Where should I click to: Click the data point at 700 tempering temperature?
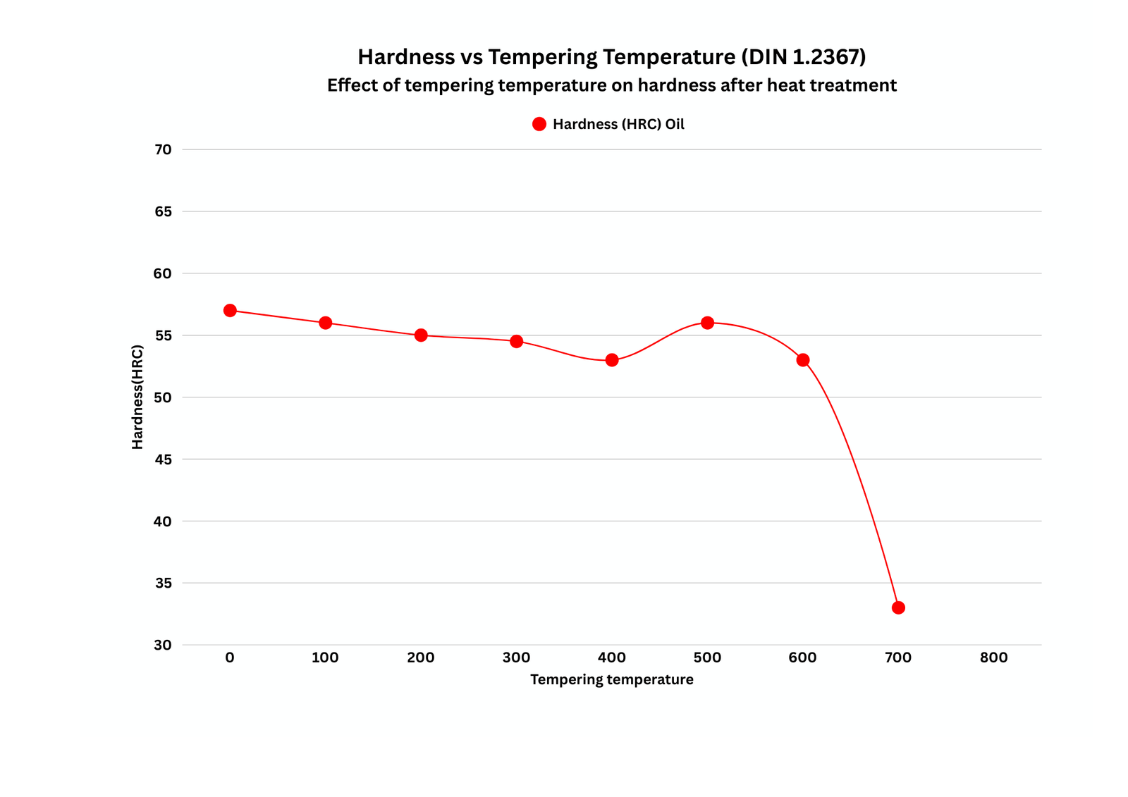898,607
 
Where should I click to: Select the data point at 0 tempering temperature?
230,311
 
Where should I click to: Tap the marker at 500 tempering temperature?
707,323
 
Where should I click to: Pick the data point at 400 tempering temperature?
612,360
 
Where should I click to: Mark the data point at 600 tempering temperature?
803,360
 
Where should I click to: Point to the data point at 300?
516,341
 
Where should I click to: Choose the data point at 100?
325,323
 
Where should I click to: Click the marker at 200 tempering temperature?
421,335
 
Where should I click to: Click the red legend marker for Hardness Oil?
539,124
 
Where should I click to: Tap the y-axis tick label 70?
163,149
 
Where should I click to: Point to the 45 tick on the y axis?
163,459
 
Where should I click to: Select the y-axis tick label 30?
163,645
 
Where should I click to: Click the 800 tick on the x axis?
993,657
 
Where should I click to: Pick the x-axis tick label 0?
230,657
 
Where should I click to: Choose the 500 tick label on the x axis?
707,657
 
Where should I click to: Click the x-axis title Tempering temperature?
611,679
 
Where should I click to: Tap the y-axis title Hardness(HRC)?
137,397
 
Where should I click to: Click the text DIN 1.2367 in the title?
804,56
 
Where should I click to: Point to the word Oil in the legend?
675,124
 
